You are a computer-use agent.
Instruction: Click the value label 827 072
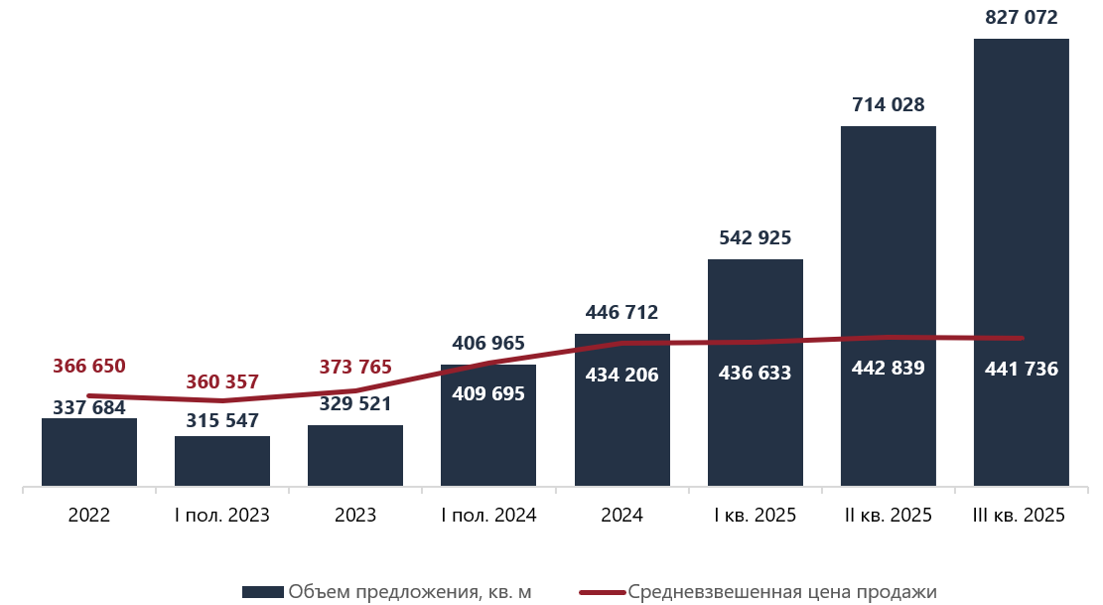pyautogui.click(x=1021, y=17)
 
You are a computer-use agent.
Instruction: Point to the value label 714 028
pyautogui.click(x=888, y=104)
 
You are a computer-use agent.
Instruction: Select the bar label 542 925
pyautogui.click(x=755, y=238)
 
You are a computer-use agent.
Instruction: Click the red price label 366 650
pyautogui.click(x=88, y=366)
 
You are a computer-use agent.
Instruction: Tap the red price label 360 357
pyautogui.click(x=221, y=382)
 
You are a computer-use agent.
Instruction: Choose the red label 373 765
pyautogui.click(x=355, y=367)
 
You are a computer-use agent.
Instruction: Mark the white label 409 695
pyautogui.click(x=488, y=393)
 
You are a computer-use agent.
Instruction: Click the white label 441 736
pyautogui.click(x=1021, y=370)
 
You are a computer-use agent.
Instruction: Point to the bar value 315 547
pyautogui.click(x=222, y=421)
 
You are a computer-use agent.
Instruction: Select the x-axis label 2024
pyautogui.click(x=621, y=516)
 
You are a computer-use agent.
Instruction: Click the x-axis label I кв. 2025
pyautogui.click(x=755, y=516)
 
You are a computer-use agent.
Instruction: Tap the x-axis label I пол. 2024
pyautogui.click(x=488, y=516)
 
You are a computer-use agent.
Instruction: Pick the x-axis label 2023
pyautogui.click(x=355, y=516)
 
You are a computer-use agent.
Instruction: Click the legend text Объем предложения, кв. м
pyautogui.click(x=409, y=592)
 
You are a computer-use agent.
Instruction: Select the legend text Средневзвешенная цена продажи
pyautogui.click(x=782, y=592)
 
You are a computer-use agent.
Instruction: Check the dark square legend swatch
pyautogui.click(x=263, y=592)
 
